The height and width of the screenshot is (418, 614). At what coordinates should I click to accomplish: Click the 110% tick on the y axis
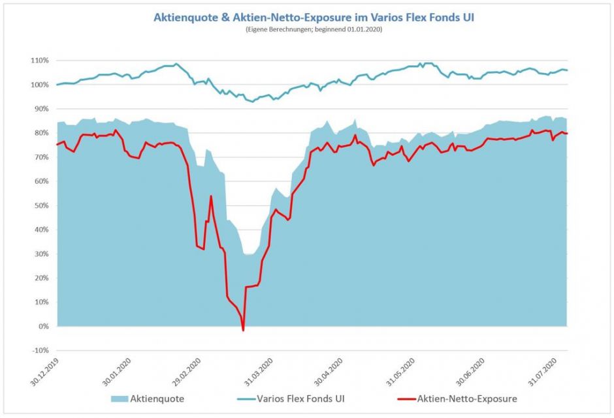[40, 61]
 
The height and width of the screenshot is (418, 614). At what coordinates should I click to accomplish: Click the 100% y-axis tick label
[40, 85]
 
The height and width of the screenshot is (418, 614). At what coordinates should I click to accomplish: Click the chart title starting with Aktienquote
[314, 18]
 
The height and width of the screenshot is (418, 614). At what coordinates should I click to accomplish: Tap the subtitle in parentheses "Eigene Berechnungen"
[314, 30]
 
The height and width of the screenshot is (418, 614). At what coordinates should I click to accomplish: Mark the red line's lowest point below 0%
[244, 331]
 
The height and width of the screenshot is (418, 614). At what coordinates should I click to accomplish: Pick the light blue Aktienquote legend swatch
[115, 398]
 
